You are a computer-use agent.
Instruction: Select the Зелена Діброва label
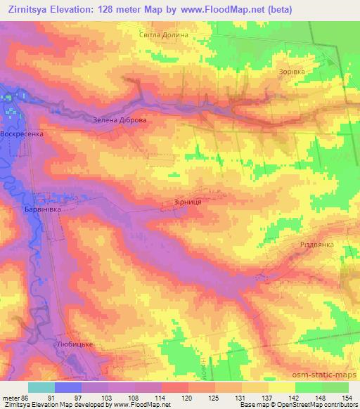pos(120,120)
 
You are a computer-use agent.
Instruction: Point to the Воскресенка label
pos(22,133)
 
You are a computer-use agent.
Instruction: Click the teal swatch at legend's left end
pos(41,387)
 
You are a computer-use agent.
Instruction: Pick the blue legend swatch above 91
pos(68,387)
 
